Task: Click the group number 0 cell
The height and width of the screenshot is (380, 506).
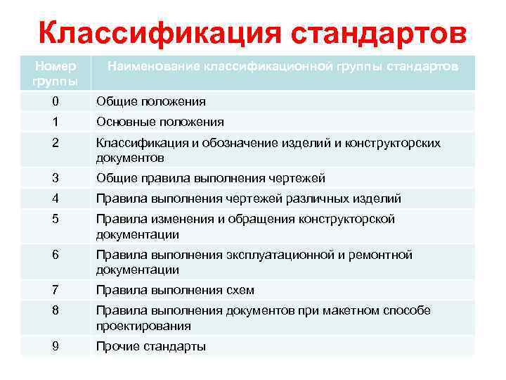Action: coord(56,101)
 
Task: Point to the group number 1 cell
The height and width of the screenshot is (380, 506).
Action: coord(56,122)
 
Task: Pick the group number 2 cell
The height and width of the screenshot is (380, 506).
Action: coord(56,143)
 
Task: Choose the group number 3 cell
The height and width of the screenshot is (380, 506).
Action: coord(56,178)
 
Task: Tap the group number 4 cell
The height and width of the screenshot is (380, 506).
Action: coord(56,198)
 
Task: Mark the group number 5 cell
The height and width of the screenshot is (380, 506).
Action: coord(56,219)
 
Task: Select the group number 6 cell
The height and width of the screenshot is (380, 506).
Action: coord(56,254)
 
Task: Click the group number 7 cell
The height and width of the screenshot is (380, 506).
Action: coord(56,290)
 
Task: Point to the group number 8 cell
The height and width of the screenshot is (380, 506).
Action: coord(56,310)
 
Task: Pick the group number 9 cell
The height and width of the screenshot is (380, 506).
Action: coord(56,346)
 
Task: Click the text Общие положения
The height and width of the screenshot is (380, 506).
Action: coord(151,101)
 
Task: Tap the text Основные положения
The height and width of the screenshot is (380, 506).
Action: coord(160,122)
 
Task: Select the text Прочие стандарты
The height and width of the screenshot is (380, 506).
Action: coord(151,346)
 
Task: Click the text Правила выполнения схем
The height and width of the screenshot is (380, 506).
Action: coord(175,290)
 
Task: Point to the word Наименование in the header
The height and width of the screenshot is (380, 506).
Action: coord(153,66)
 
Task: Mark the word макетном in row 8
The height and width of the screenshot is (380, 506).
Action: coord(337,310)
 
